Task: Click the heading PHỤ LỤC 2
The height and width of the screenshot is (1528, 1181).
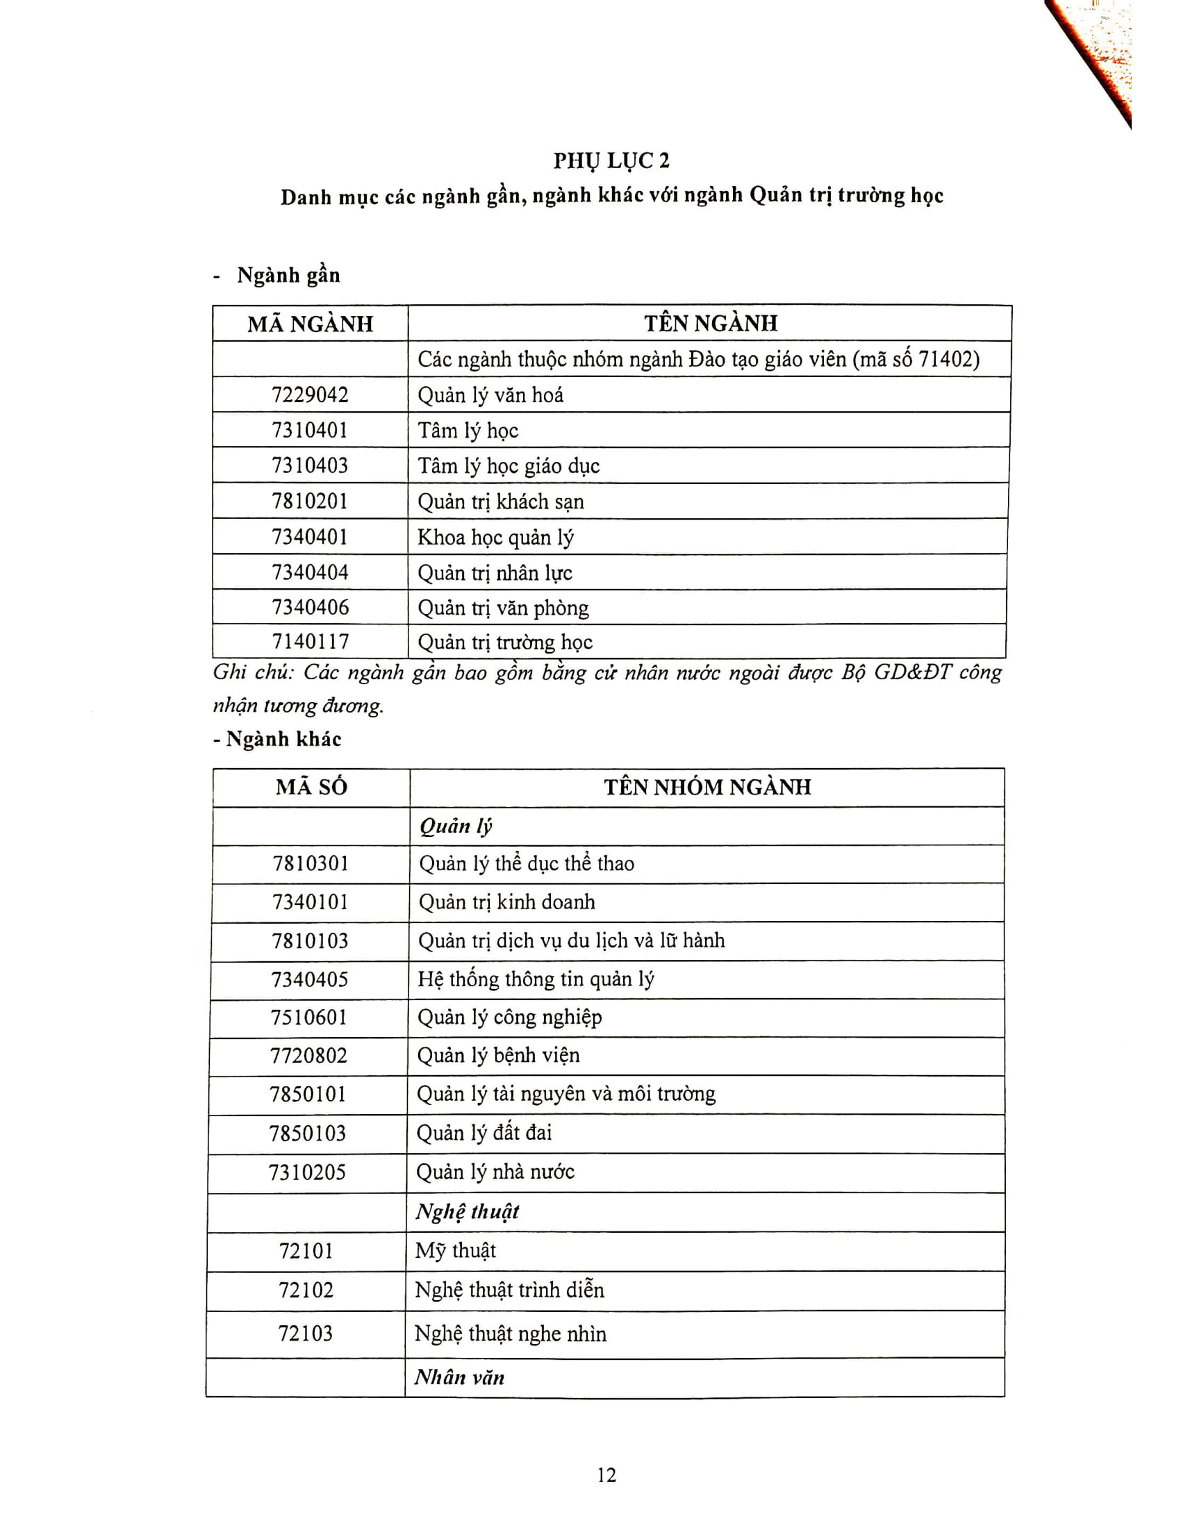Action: (611, 161)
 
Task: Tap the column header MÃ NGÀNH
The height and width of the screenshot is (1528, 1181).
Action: (310, 324)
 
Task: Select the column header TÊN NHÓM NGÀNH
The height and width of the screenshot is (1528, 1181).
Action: (707, 787)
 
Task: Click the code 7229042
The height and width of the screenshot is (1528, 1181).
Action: (310, 395)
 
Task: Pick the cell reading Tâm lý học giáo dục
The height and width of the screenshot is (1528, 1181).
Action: (509, 466)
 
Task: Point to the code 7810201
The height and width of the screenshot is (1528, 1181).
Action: (310, 501)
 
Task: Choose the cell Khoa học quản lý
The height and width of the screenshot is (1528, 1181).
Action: (495, 538)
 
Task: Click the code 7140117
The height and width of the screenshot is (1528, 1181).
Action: (310, 642)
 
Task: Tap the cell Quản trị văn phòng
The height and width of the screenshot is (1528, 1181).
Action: (503, 607)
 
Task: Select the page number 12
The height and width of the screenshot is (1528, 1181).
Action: (606, 1475)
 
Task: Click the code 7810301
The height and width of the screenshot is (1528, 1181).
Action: (310, 863)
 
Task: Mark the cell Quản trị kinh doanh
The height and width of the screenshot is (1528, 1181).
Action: (506, 902)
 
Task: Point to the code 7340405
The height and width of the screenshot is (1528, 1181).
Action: (310, 979)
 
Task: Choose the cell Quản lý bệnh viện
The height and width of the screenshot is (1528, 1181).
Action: (498, 1055)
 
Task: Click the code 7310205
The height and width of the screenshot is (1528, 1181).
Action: (307, 1172)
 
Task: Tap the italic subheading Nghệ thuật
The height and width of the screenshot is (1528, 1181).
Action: (468, 1211)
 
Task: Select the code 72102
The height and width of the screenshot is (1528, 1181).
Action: (306, 1290)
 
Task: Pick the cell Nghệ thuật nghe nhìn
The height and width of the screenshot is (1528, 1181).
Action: (510, 1334)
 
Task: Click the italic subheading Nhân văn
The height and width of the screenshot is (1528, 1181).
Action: (459, 1377)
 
